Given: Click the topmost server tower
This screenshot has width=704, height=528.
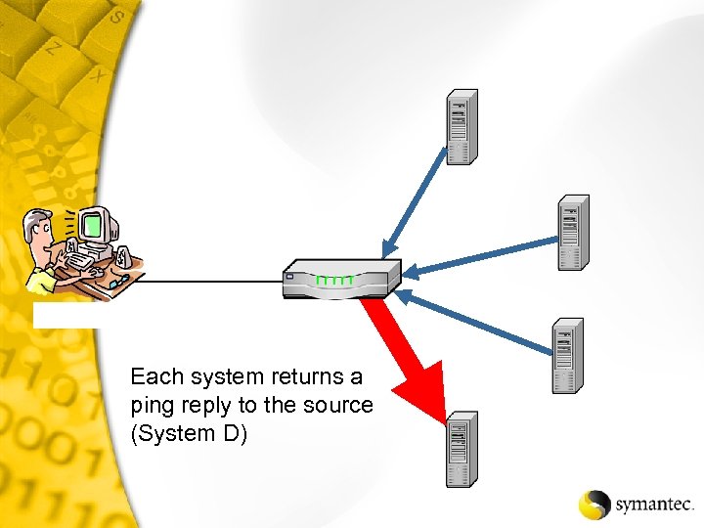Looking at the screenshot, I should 462,126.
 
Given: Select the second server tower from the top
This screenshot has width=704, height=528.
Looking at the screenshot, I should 573,232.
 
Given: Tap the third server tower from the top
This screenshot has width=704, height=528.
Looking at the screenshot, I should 567,355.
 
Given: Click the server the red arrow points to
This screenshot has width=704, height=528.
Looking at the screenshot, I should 462,449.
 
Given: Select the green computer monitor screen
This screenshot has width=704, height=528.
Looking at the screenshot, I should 93,227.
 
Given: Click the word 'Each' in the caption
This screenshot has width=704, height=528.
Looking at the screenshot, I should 155,376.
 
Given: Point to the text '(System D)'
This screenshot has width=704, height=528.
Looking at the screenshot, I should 189,433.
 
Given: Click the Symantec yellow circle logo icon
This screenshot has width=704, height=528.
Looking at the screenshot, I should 594,504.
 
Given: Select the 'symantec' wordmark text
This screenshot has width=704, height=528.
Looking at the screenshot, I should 653,506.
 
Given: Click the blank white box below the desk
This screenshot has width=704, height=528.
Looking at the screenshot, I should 65,314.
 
